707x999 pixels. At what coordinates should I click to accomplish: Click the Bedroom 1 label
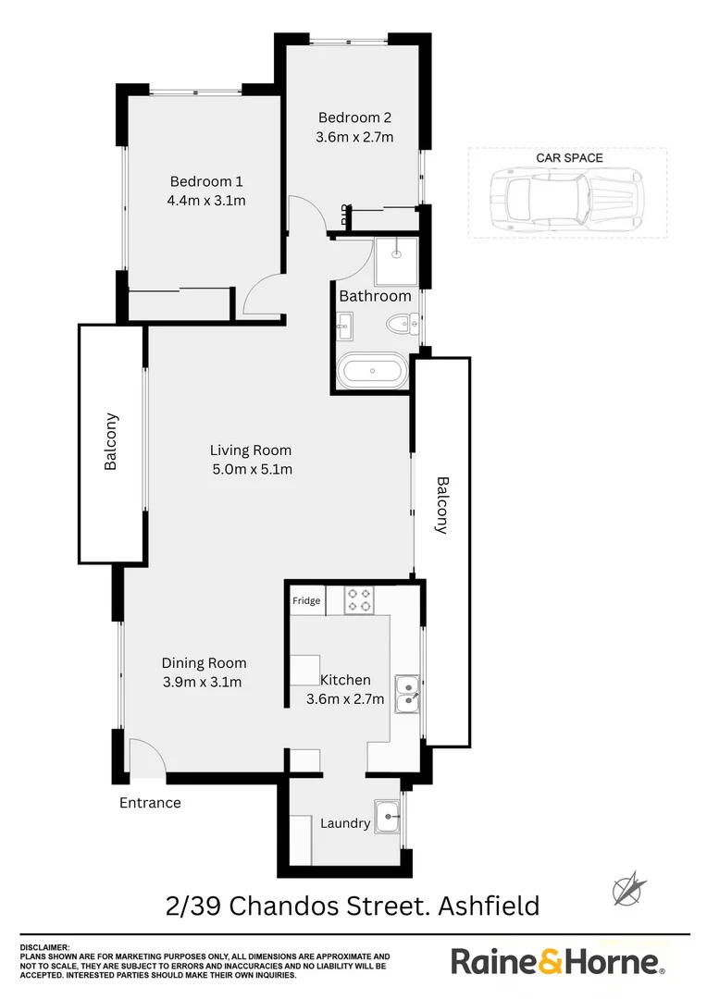click(x=206, y=181)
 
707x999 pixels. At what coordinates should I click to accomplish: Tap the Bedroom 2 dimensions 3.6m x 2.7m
click(x=355, y=137)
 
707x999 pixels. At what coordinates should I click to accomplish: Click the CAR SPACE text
click(x=569, y=158)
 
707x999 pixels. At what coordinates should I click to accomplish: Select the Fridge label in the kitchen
click(x=306, y=601)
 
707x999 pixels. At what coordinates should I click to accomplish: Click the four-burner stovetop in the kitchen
click(x=359, y=601)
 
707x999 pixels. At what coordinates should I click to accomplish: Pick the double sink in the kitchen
click(x=406, y=695)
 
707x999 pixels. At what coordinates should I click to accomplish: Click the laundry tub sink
click(x=387, y=817)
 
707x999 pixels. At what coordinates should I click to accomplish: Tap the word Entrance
click(x=150, y=803)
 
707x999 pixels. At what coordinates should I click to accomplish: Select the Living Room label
click(x=250, y=450)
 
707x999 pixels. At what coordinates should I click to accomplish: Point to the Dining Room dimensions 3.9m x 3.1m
click(x=202, y=683)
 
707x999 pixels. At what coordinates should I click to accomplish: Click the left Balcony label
click(x=111, y=442)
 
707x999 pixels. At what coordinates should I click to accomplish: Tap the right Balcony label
click(x=441, y=505)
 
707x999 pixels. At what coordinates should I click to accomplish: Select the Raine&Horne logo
click(x=557, y=961)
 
